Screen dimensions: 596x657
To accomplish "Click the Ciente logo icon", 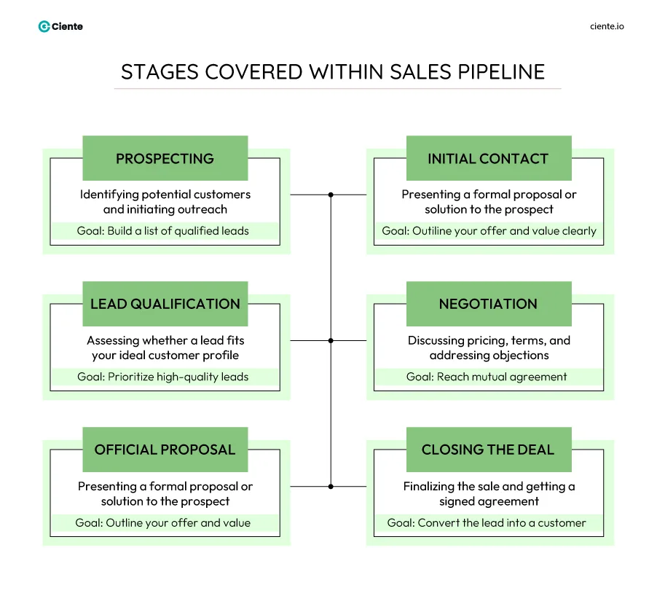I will coord(44,26).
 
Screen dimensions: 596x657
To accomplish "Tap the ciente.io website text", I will coord(607,26).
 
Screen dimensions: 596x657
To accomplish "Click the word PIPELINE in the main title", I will coord(500,71).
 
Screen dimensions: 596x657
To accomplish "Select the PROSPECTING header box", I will coord(165,158).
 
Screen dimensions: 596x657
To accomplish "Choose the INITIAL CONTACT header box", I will coord(488,158).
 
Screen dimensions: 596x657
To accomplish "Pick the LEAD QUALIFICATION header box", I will coord(165,304).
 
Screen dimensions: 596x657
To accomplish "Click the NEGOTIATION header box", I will coord(488,304).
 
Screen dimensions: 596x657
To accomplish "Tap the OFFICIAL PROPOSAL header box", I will coord(165,450).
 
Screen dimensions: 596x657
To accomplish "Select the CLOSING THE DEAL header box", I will coord(488,450).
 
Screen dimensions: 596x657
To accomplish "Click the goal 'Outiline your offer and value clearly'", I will coord(489,231).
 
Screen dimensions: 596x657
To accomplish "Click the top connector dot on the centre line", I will coord(331,195).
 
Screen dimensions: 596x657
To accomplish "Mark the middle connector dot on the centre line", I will coord(331,340).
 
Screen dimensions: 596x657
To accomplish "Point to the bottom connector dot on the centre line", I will coord(331,486).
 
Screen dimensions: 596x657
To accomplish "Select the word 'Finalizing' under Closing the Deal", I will coord(428,486).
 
